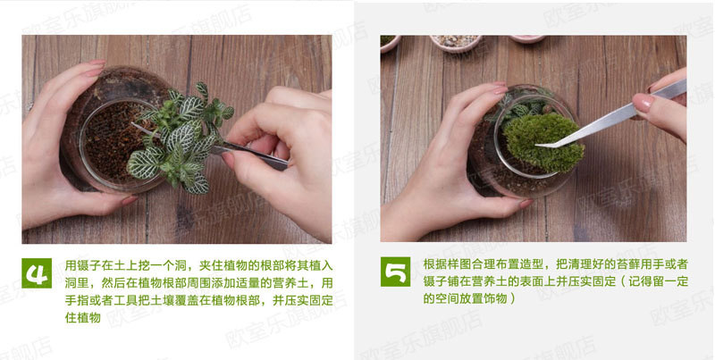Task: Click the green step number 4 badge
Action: click(37, 273)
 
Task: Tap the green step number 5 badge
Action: click(395, 272)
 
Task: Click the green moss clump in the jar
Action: click(543, 141)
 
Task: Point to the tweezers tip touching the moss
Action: click(537, 146)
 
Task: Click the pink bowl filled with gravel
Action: click(456, 42)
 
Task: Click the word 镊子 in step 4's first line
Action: click(83, 265)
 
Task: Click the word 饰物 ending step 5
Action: click(495, 299)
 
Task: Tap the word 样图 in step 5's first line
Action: click(459, 264)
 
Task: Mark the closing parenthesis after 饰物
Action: click(512, 299)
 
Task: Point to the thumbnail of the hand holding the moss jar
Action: click(526, 204)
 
